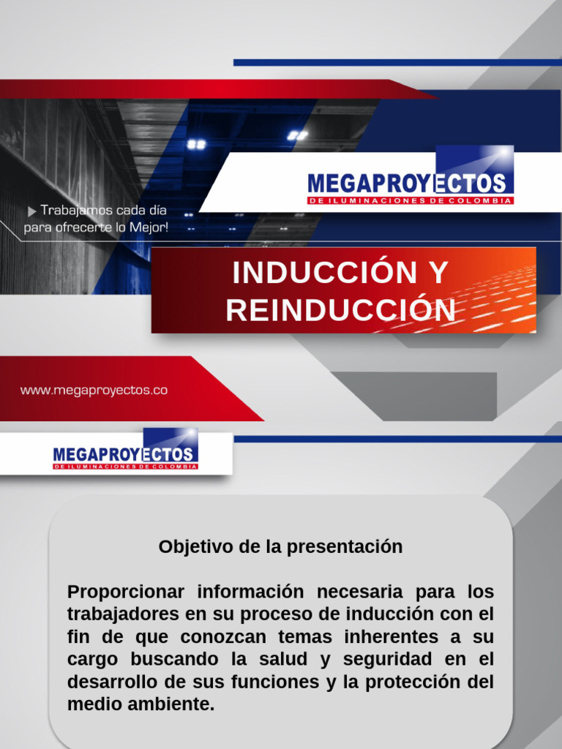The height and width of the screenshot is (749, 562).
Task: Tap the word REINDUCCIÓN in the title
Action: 340,310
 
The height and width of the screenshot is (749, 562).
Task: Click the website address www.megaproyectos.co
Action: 94,391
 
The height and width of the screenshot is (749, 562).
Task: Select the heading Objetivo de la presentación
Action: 280,546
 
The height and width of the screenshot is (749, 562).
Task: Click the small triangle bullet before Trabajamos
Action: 31,211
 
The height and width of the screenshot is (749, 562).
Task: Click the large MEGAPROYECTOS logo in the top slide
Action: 410,183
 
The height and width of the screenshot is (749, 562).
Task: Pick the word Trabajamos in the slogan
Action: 72,211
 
